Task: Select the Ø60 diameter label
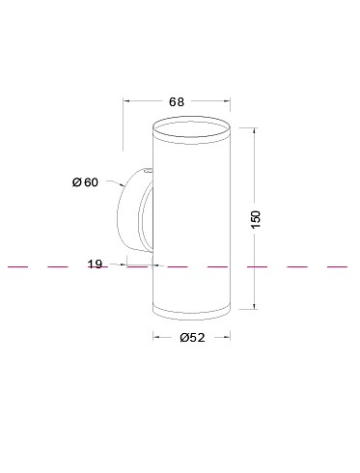pyautogui.click(x=86, y=182)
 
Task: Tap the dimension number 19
pyautogui.click(x=95, y=264)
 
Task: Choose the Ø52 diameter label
pyautogui.click(x=192, y=337)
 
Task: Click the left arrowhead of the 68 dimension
pyautogui.click(x=127, y=100)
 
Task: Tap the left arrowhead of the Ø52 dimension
pyautogui.click(x=156, y=337)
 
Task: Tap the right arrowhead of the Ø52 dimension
pyautogui.click(x=226, y=337)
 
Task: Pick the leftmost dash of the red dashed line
pyautogui.click(x=16, y=264)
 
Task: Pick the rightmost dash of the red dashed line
pyautogui.click(x=337, y=264)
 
